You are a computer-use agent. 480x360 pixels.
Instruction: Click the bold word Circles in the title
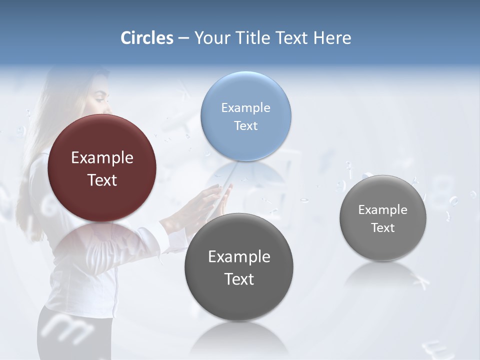(147, 38)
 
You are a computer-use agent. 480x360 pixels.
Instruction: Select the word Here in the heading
(332, 38)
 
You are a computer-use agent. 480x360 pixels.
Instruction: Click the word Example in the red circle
(102, 158)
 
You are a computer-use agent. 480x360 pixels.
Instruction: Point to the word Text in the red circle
(102, 180)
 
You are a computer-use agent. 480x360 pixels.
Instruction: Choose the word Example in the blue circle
(246, 108)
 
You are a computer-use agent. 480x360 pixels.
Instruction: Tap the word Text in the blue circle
(246, 125)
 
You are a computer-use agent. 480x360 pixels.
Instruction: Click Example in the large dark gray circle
(239, 257)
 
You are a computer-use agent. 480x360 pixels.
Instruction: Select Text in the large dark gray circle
(239, 279)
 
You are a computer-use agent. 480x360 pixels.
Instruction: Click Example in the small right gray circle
(383, 210)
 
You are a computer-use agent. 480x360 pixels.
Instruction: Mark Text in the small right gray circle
(383, 228)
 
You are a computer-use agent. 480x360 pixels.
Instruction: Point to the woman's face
(98, 97)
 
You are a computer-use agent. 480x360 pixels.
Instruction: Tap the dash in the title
(183, 38)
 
